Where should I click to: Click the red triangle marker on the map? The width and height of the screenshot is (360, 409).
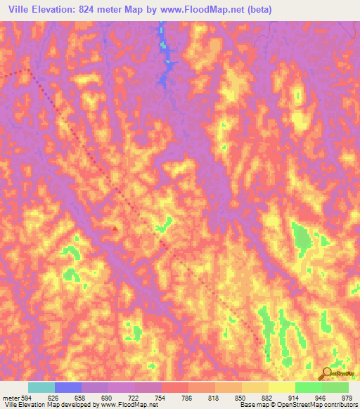click(115, 228)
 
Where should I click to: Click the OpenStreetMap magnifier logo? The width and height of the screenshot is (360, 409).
click(325, 372)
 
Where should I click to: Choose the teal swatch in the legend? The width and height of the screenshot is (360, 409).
click(41, 387)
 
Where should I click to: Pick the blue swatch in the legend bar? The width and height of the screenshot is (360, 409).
click(68, 387)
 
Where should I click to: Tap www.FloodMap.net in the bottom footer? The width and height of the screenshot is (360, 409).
click(129, 405)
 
